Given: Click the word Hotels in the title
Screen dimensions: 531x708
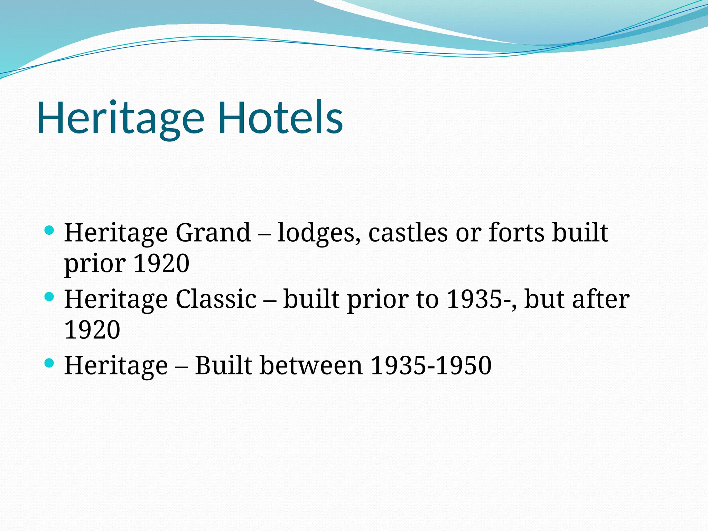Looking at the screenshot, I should pos(280,118).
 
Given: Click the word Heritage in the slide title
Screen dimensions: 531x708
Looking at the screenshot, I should pos(121,118).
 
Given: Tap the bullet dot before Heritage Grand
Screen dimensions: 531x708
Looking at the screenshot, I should pos(49,231).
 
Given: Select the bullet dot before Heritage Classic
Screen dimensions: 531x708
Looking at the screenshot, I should pos(49,297).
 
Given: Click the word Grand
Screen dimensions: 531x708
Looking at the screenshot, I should pos(213,232).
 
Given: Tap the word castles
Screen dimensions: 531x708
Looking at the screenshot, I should pos(408,232).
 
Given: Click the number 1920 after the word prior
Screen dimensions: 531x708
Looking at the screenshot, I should pos(161,263).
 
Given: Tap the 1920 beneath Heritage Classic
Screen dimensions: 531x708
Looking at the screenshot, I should pos(92,330).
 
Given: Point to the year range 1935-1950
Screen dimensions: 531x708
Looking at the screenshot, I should pos(431,365).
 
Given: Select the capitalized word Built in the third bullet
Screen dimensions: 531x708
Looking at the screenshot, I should pos(223,365).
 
